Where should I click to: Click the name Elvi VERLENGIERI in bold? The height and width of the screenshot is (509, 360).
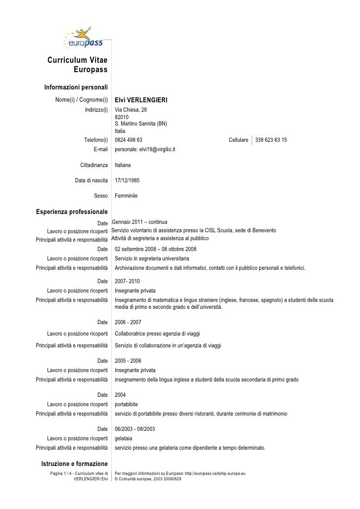tap(141, 101)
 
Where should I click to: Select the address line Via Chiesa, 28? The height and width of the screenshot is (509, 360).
tap(131, 110)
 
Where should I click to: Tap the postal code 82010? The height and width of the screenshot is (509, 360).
tap(122, 117)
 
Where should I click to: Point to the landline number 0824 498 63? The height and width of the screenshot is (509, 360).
tap(129, 140)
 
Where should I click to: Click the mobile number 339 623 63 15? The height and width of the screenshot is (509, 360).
tap(271, 140)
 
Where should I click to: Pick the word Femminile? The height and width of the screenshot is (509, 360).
tap(126, 196)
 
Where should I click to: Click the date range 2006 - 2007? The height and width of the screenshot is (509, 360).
tap(128, 322)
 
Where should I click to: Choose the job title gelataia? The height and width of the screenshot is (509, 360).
tap(123, 438)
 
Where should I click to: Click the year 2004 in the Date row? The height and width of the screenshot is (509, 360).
tap(120, 395)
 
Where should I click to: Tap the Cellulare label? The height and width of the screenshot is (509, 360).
tap(238, 140)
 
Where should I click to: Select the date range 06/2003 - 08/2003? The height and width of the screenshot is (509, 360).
tap(135, 429)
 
